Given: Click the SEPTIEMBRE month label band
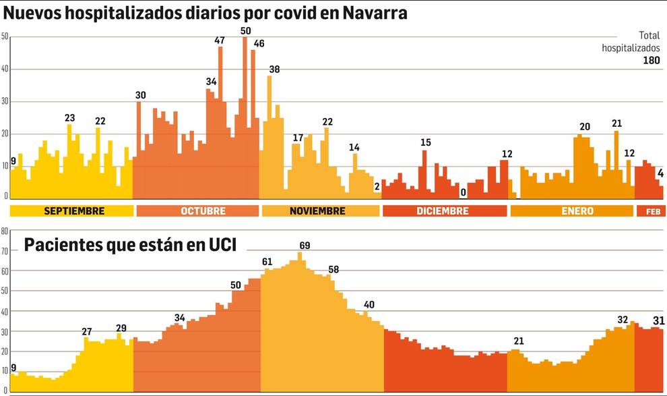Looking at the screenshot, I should click(x=72, y=211).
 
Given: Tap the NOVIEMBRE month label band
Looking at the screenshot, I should click(x=320, y=211).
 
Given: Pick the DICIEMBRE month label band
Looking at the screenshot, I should click(x=444, y=211).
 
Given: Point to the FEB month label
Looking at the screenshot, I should click(x=652, y=211).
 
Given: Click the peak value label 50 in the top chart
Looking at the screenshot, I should click(x=245, y=31).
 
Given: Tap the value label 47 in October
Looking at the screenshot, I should click(x=220, y=40).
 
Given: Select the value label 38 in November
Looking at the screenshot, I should click(x=275, y=69).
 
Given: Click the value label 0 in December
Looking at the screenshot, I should click(x=463, y=192).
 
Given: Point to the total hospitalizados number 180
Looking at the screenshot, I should click(x=651, y=61).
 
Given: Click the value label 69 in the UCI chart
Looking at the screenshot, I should click(x=305, y=246).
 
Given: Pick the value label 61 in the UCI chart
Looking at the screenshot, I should click(x=267, y=262).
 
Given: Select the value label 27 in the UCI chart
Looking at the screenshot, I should click(x=87, y=331).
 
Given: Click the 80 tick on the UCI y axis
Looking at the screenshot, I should click(x=4, y=231).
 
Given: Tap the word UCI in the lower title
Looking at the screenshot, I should click(x=220, y=246).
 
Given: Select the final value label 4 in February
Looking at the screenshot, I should click(x=661, y=173).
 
